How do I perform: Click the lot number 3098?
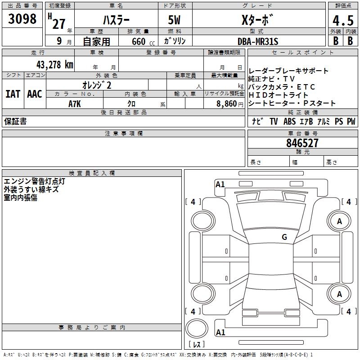(22, 19)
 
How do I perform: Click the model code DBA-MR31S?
(258, 41)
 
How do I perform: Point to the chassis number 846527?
(302, 143)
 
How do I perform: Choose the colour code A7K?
(75, 103)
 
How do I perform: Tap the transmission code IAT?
(12, 94)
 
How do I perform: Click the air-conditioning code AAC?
(34, 94)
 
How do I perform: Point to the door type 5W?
(175, 20)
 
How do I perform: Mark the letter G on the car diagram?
(284, 237)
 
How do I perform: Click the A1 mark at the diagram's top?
(220, 184)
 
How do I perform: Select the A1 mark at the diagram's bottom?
(220, 333)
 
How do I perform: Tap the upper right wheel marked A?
(339, 221)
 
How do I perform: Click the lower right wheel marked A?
(339, 294)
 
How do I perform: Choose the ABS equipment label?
(289, 121)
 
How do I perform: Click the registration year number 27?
(59, 23)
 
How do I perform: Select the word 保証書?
(15, 121)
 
